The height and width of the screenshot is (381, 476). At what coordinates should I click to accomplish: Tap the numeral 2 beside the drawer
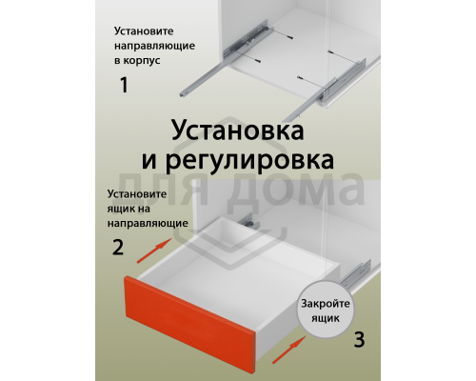pos(117,248)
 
